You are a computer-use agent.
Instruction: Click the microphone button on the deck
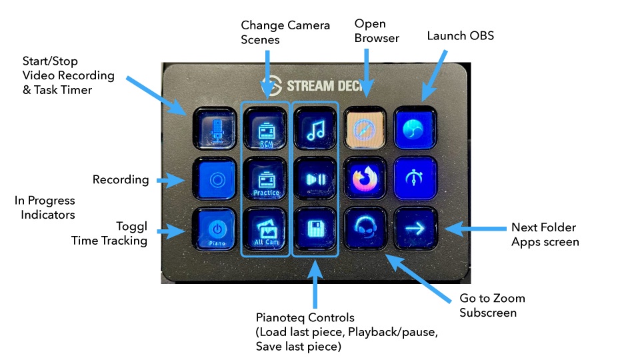click(x=215, y=129)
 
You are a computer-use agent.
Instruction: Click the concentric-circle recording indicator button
click(x=215, y=179)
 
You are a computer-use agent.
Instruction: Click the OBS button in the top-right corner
click(x=415, y=128)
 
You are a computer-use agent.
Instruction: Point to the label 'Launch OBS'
click(x=461, y=35)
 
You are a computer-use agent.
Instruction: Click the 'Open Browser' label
click(x=377, y=31)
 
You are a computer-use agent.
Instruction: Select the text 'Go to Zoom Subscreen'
click(x=492, y=305)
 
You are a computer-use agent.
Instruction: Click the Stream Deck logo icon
click(x=271, y=87)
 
